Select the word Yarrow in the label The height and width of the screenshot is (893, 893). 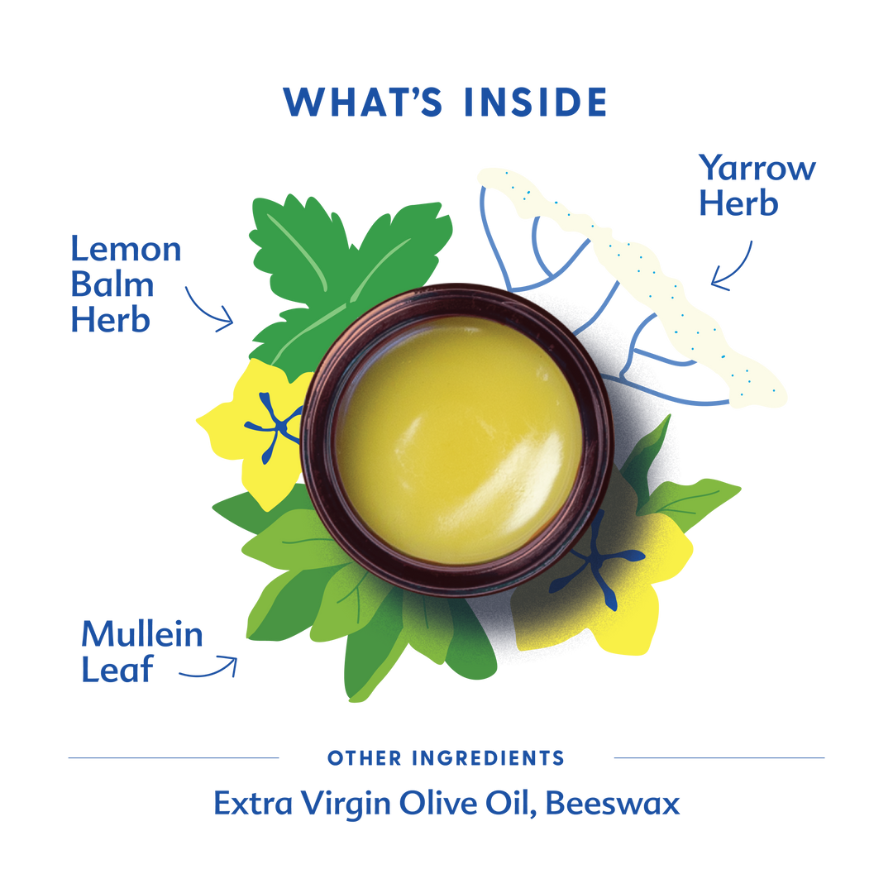pos(757,168)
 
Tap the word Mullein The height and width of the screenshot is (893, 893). pos(142,635)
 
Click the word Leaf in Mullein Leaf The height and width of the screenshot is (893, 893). pos(117,670)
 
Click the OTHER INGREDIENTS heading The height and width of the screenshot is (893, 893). pos(446,757)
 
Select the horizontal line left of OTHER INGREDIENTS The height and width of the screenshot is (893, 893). pos(173,757)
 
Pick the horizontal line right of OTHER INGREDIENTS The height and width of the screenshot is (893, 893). pos(719,757)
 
